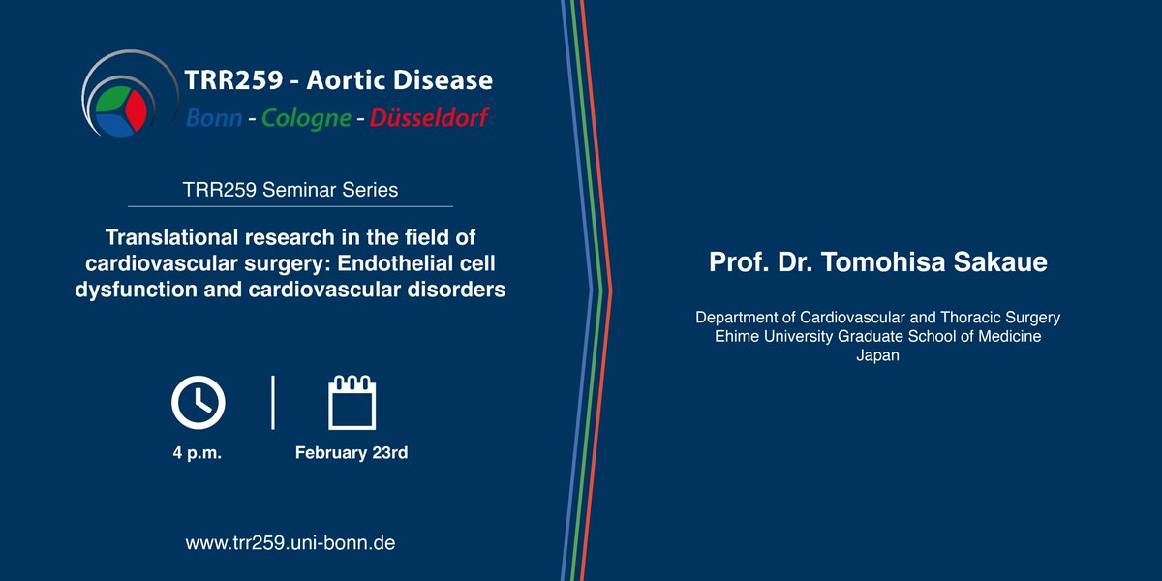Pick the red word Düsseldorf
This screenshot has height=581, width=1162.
tap(429, 118)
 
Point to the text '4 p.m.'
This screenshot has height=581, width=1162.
tap(198, 453)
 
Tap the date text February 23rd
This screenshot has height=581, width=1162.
tap(352, 453)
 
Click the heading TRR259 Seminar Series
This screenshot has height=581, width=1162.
tap(290, 190)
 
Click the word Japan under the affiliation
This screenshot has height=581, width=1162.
tap(877, 355)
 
